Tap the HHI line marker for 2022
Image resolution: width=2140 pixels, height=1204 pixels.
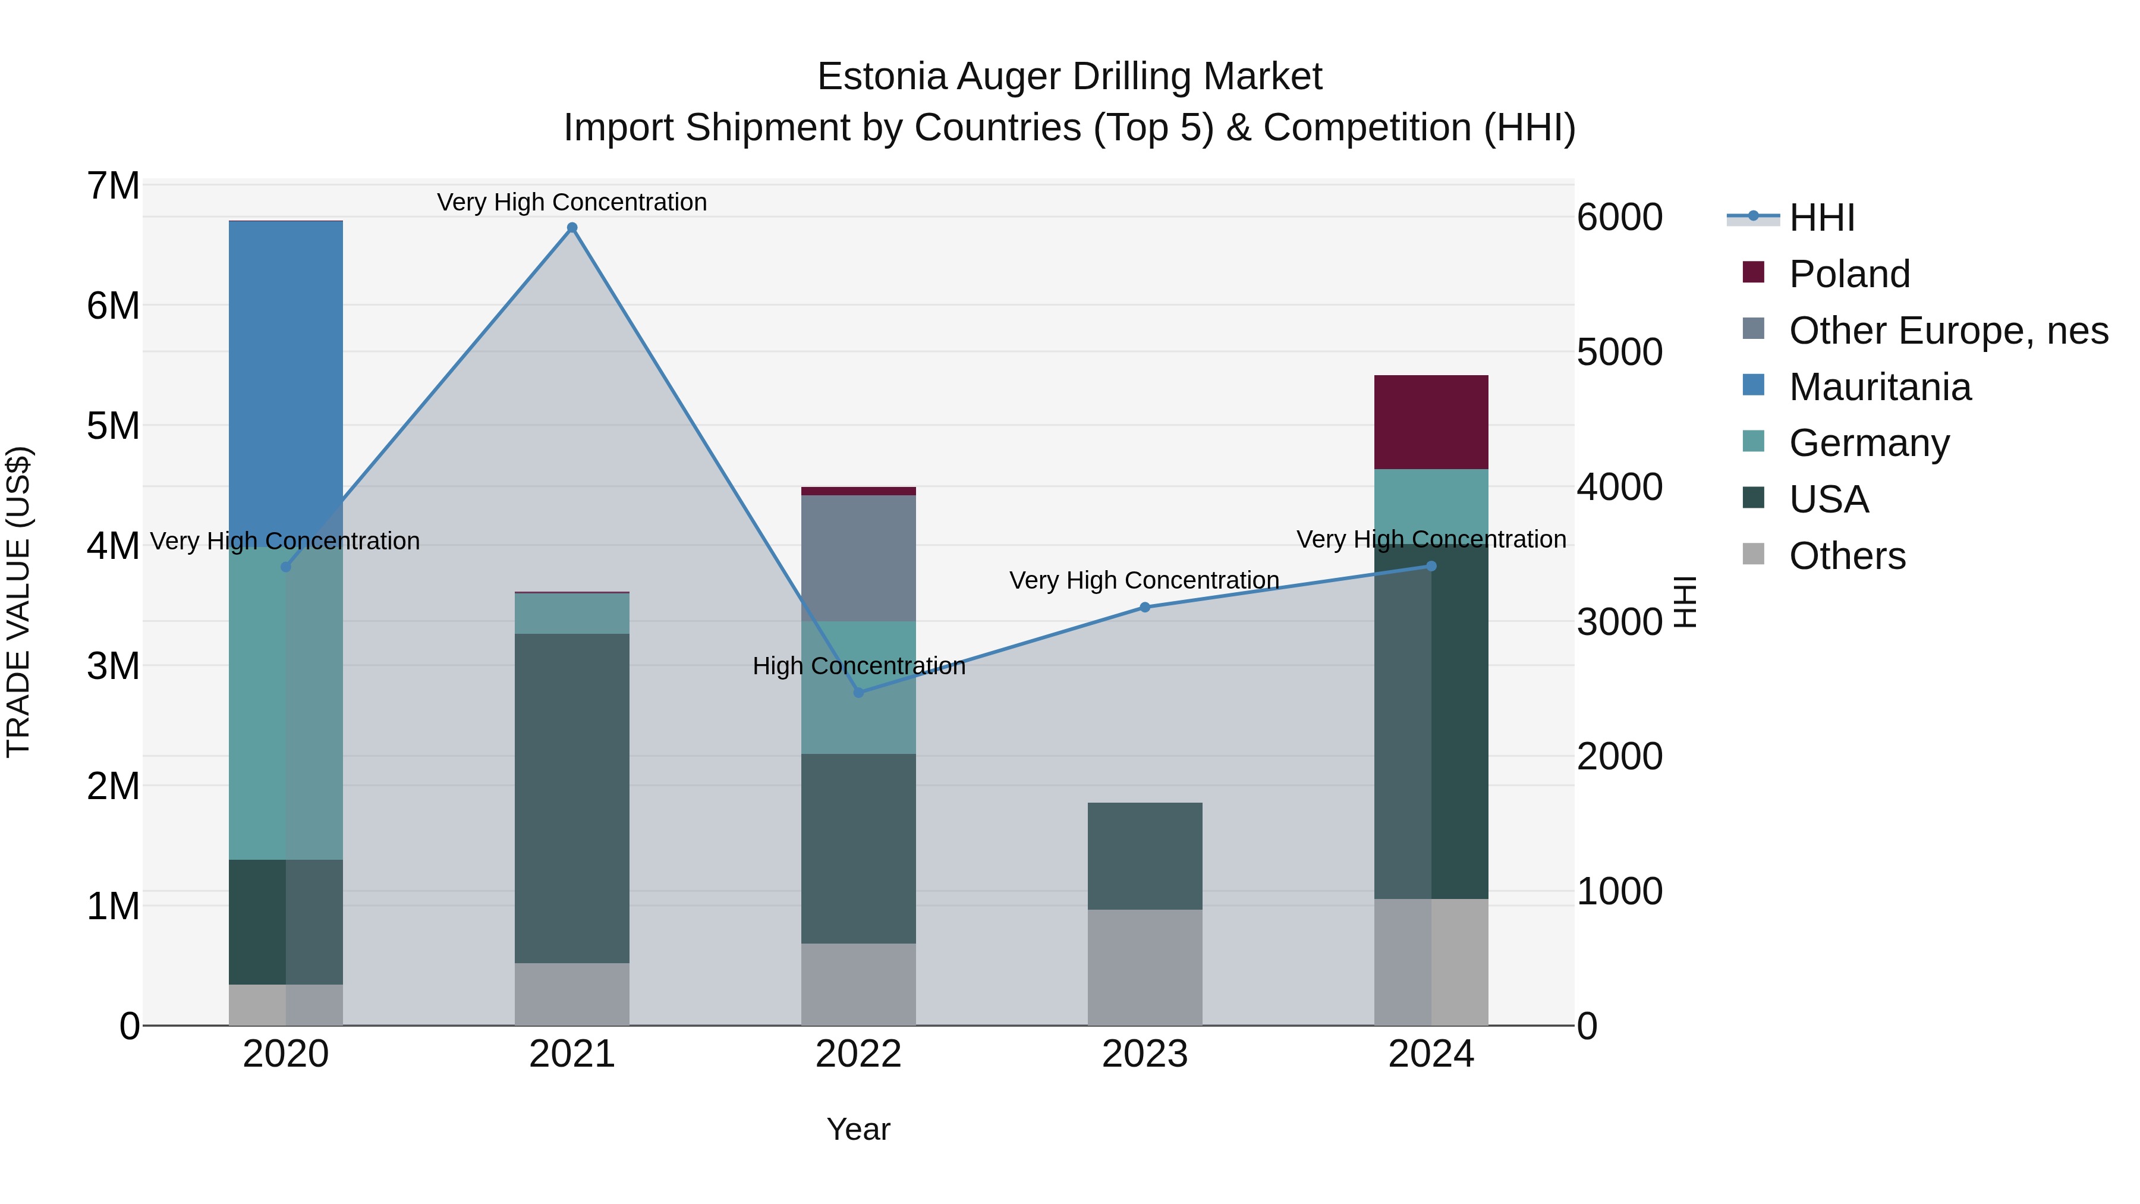[859, 692]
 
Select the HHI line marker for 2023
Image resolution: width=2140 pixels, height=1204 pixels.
[1145, 608]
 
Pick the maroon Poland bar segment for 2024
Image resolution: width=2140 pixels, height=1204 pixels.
[1431, 422]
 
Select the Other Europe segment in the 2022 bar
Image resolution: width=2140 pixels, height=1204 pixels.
[858, 558]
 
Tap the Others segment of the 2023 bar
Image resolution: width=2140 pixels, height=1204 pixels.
[1145, 967]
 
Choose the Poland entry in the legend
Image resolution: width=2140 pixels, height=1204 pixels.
[1849, 274]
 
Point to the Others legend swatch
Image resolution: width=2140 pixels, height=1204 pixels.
[1753, 554]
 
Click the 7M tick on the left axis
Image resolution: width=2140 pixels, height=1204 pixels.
[114, 186]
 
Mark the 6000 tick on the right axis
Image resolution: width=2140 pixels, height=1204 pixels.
[1619, 218]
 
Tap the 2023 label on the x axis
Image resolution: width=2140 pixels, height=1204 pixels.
[1145, 1054]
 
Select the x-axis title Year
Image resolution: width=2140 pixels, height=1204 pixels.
[858, 1129]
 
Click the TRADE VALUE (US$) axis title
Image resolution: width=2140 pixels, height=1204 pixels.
[18, 602]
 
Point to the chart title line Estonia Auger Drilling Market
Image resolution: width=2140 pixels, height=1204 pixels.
[1069, 77]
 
